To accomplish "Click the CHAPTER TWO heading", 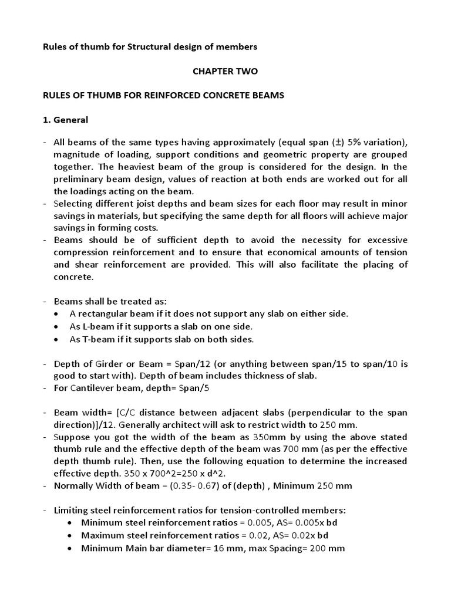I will point(225,71).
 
